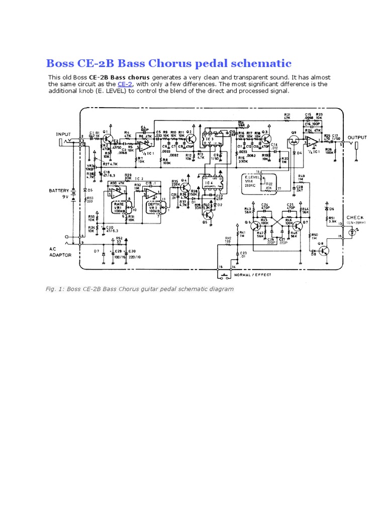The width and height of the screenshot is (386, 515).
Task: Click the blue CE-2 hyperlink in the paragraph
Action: (x=125, y=84)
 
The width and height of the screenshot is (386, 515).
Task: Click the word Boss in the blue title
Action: (x=59, y=63)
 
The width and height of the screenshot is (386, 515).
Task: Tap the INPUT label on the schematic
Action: (x=64, y=134)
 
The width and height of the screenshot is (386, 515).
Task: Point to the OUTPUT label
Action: (x=357, y=137)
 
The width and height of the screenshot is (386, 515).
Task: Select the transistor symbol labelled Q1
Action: (x=107, y=138)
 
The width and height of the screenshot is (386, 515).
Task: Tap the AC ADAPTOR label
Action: (x=60, y=252)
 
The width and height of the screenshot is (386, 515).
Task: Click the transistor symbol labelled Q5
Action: (x=207, y=215)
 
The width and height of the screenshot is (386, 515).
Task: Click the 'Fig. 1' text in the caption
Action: (x=55, y=289)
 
